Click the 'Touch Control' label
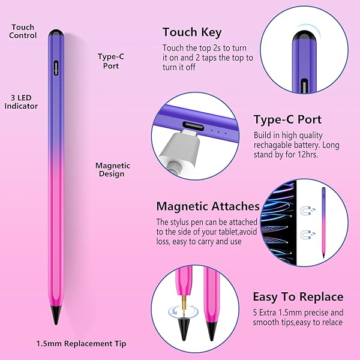[x=23, y=31]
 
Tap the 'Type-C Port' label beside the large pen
[x=108, y=61]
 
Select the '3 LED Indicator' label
[x=21, y=101]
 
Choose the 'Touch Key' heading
[x=192, y=32]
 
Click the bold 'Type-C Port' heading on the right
[x=287, y=119]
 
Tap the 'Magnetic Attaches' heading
[x=208, y=206]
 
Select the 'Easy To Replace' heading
[x=298, y=296]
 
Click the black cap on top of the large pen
[x=56, y=34]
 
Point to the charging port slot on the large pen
[x=56, y=67]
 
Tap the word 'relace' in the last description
[x=331, y=322]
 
